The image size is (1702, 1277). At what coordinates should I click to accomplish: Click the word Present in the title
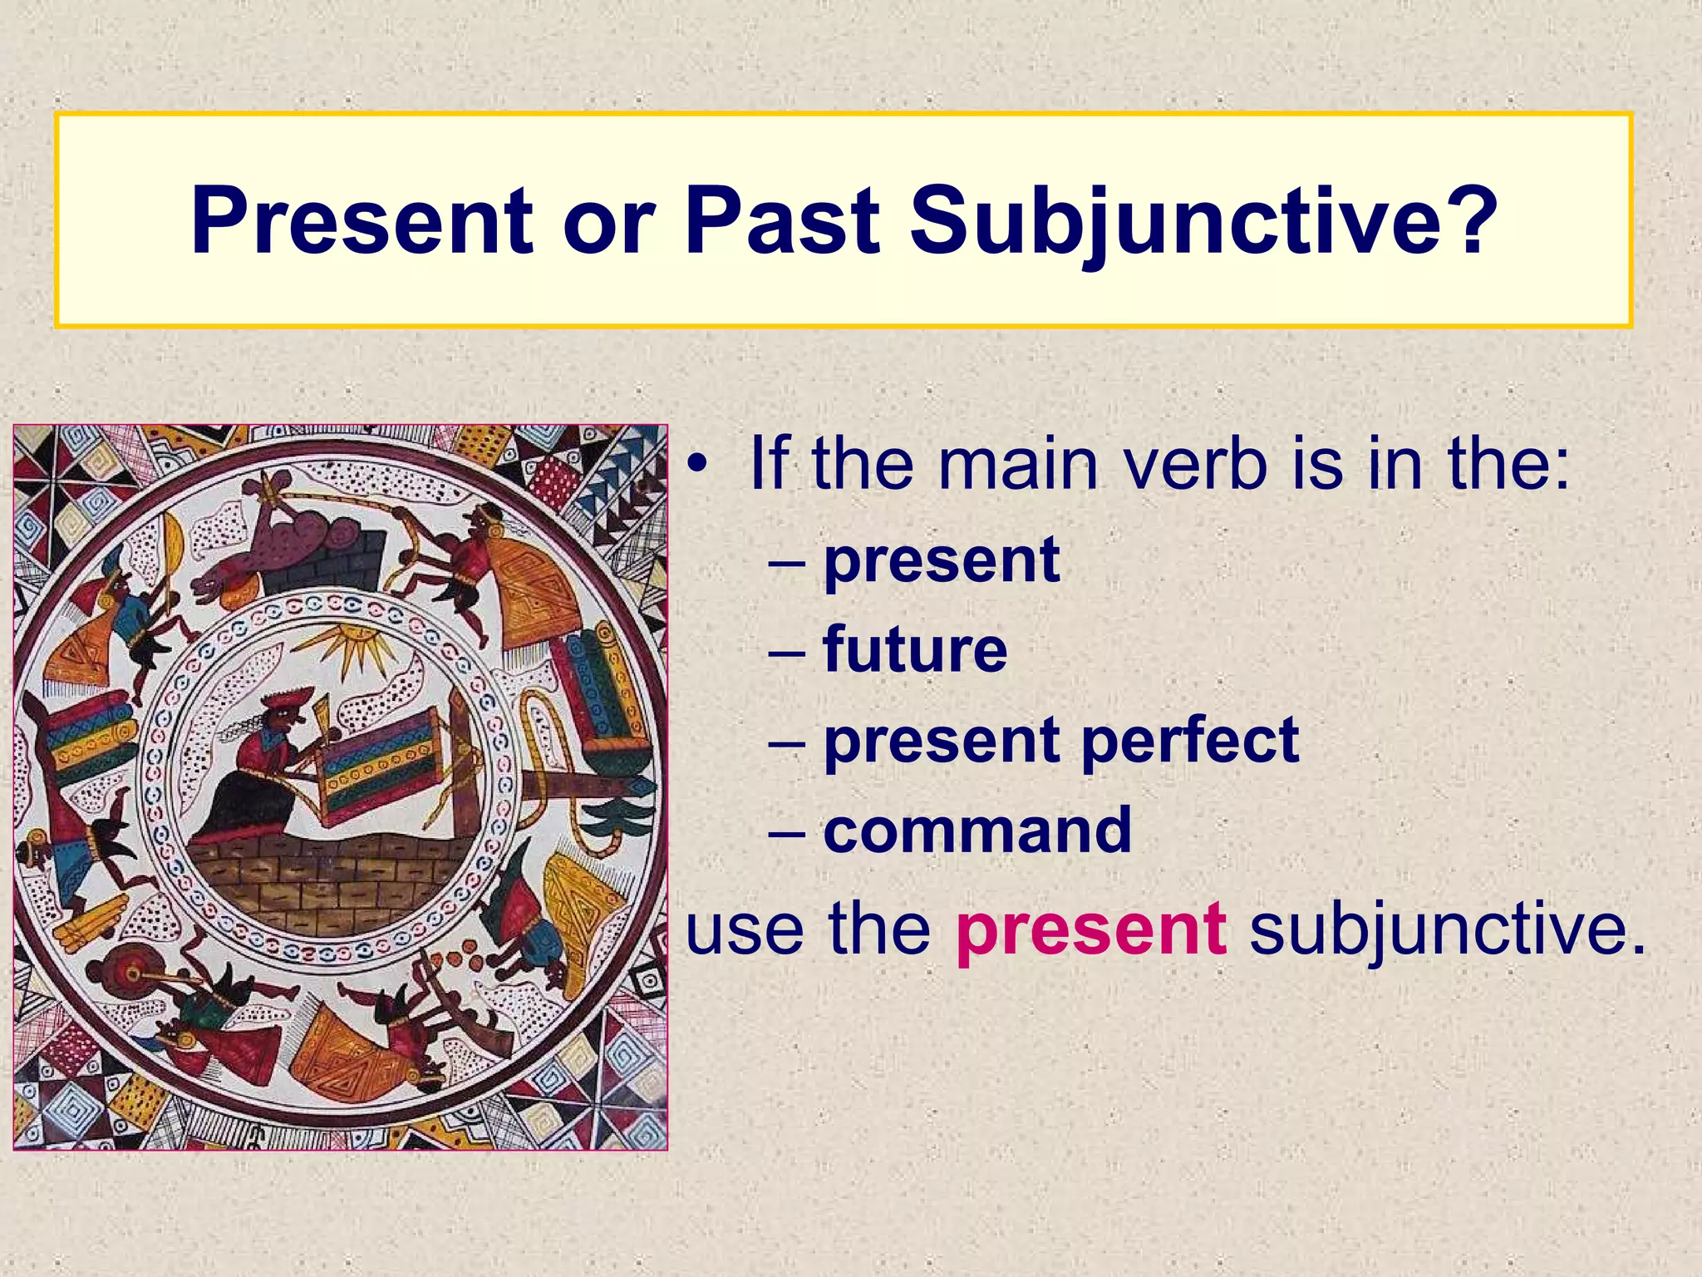[361, 221]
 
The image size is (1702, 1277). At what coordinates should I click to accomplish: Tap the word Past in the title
[781, 221]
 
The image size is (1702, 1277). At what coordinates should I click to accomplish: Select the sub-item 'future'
[914, 649]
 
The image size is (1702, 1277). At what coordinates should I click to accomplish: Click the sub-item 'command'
[977, 830]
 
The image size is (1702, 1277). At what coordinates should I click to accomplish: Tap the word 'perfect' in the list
[1190, 739]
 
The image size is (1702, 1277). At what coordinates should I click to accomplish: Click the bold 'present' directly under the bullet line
[941, 561]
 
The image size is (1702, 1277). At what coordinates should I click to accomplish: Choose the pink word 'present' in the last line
[1090, 929]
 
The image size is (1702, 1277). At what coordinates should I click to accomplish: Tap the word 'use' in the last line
[745, 929]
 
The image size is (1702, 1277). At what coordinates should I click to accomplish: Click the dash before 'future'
[786, 651]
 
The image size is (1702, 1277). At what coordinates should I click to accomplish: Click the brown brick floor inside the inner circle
[332, 881]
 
